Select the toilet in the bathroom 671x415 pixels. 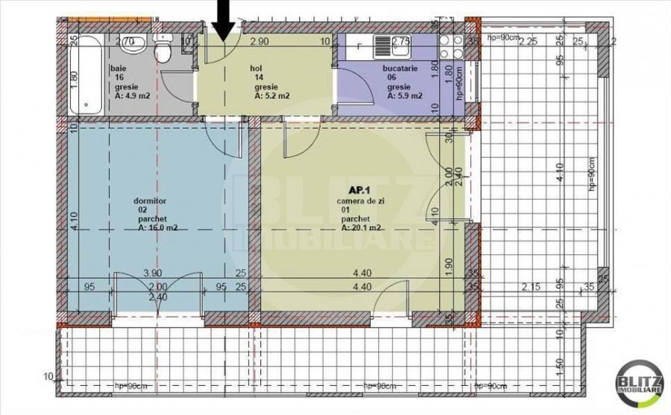click(x=162, y=49)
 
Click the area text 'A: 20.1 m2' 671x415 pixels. click(x=362, y=228)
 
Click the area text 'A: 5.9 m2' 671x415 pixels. click(x=405, y=95)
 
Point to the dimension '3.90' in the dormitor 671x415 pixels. click(x=153, y=273)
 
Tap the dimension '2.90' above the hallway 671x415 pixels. click(x=259, y=42)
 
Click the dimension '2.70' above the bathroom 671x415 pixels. click(x=125, y=42)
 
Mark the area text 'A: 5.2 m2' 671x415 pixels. click(x=271, y=95)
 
